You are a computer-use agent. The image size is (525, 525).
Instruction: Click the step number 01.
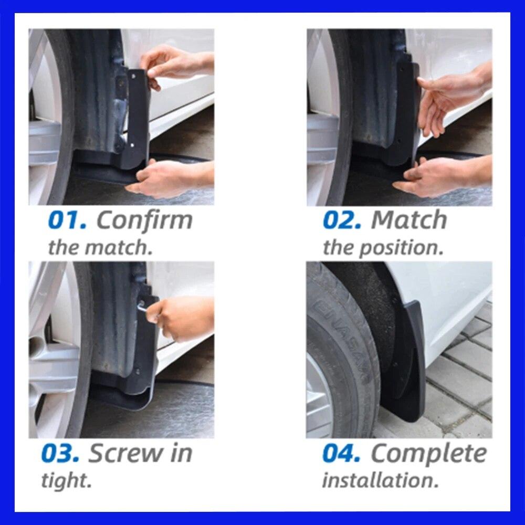coord(66,220)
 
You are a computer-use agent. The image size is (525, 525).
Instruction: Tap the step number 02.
coord(342,220)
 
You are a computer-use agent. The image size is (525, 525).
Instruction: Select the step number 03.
coord(60,454)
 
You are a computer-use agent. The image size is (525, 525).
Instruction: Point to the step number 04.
coord(341,454)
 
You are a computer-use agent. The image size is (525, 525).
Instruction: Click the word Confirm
coord(144,220)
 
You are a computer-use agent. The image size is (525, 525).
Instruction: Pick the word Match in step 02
coord(409,220)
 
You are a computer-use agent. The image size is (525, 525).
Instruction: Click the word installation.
coord(380,480)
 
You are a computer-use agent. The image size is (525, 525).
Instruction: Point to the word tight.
coord(66,480)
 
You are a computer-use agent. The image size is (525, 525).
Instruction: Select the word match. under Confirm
coord(125,247)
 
